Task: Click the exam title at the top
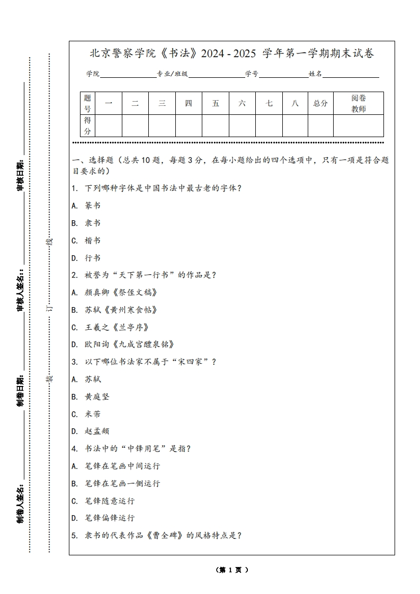231,53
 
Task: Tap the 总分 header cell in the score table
320,103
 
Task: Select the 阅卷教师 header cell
359,103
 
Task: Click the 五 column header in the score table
216,103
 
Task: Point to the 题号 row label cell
87,103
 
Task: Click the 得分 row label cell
87,126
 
